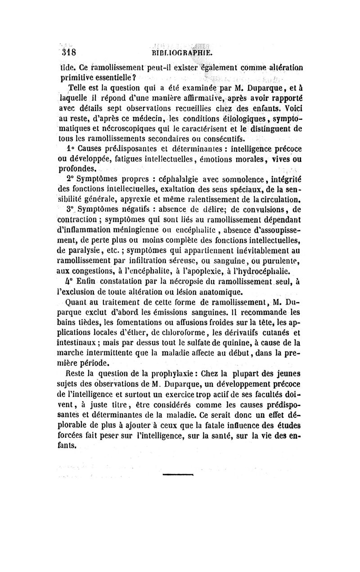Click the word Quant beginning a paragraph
[x=76, y=302]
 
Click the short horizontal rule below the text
[x=177, y=474]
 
